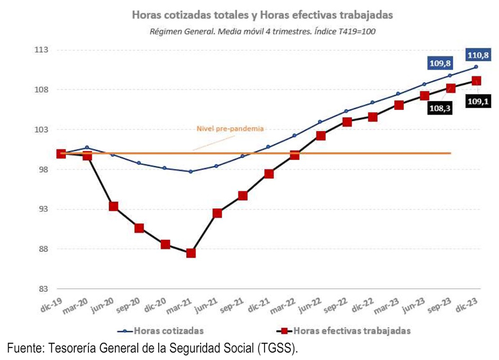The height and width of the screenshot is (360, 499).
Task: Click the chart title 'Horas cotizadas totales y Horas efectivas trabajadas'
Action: pyautogui.click(x=262, y=15)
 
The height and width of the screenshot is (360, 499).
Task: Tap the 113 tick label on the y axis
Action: pyautogui.click(x=42, y=50)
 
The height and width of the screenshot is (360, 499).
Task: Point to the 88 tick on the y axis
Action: pyautogui.click(x=43, y=249)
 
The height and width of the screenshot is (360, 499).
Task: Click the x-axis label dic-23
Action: pyautogui.click(x=467, y=304)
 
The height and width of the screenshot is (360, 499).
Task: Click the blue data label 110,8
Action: pyautogui.click(x=478, y=55)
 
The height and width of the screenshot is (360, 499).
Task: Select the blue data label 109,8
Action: pyautogui.click(x=440, y=64)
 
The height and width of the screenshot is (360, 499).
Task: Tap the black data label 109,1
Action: pyautogui.click(x=478, y=102)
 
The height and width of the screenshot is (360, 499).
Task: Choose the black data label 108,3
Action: pyautogui.click(x=440, y=108)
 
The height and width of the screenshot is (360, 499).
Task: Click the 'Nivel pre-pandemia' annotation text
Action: pyautogui.click(x=230, y=129)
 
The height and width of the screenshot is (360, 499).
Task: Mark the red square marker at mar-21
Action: pyautogui.click(x=191, y=253)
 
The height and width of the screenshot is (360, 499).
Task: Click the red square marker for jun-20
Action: pyautogui.click(x=113, y=206)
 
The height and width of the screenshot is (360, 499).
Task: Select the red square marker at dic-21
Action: pyautogui.click(x=269, y=174)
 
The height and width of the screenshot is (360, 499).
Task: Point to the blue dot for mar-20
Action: pyautogui.click(x=87, y=148)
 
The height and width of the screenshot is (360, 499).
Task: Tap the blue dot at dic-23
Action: pyautogui.click(x=476, y=67)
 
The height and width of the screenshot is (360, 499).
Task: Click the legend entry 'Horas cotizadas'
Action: pyautogui.click(x=160, y=331)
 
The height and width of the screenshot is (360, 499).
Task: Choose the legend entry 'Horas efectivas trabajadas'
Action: pyautogui.click(x=344, y=331)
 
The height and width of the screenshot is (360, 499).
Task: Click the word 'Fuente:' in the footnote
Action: pyautogui.click(x=26, y=348)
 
